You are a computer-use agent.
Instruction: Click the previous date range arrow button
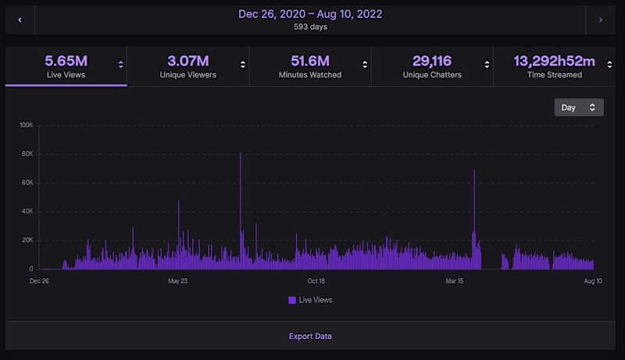click(x=20, y=20)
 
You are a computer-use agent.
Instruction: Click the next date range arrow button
click(x=601, y=20)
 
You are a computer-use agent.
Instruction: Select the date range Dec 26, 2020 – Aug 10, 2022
click(x=310, y=14)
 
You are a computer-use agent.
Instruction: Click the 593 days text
click(x=310, y=27)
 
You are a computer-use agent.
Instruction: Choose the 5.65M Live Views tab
click(x=66, y=66)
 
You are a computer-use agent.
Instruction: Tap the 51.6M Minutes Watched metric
click(x=309, y=66)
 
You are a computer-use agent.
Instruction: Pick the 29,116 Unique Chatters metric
click(x=432, y=66)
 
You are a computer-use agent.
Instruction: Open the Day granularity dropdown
click(x=578, y=107)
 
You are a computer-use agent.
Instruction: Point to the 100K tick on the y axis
click(x=26, y=125)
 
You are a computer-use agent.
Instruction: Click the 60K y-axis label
click(x=27, y=183)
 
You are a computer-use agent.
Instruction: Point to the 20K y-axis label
click(x=27, y=241)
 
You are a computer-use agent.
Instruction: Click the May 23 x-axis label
click(x=178, y=280)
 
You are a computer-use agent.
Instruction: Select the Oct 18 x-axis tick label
click(x=316, y=280)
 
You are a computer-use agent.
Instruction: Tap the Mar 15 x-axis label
click(x=455, y=280)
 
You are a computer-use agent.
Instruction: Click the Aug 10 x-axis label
click(x=593, y=280)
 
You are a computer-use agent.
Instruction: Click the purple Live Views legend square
click(x=292, y=300)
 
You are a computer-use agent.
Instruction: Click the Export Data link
click(x=310, y=336)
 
